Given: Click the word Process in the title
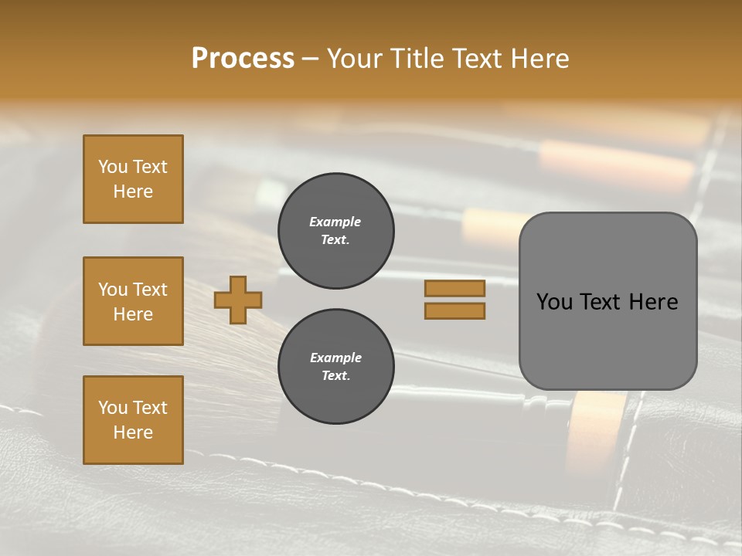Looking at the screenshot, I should (243, 59).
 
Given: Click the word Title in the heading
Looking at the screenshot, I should (416, 59).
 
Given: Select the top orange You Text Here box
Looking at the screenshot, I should (133, 179).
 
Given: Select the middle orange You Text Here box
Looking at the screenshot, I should (133, 301).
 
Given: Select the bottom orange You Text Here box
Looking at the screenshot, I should (133, 420).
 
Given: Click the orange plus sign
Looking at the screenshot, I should (238, 300).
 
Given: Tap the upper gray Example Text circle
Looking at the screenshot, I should (335, 231).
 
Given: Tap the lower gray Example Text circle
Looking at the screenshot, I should (335, 367).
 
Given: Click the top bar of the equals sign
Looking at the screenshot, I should (454, 288).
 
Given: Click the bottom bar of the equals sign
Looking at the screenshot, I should (454, 310).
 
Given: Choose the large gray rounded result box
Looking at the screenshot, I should (608, 301).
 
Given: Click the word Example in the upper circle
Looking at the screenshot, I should (335, 222).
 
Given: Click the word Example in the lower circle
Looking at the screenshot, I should (335, 358).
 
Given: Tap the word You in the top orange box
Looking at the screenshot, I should (112, 167).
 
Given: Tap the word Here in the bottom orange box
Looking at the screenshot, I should (133, 432).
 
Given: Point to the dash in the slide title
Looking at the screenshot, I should (310, 59).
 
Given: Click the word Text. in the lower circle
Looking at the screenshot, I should (335, 376).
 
